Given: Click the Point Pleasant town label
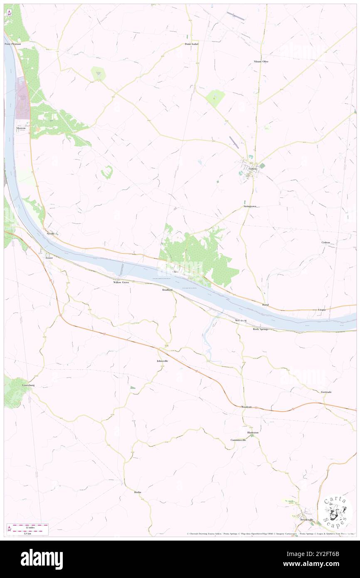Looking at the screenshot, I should point(12,43).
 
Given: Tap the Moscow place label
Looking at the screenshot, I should point(21,128).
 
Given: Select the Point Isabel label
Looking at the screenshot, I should point(192,44).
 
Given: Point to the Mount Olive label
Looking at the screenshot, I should point(261,62).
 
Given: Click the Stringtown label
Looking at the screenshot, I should point(251,206).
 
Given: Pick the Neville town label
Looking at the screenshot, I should point(51,234).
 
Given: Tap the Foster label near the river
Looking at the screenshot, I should point(49,258).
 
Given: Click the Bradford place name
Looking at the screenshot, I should point(167,289).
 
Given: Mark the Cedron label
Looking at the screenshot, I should point(325,242).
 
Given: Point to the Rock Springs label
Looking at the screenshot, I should point(261,329).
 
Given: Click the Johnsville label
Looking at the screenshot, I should point(162,361).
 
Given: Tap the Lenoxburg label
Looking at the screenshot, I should point(28,385).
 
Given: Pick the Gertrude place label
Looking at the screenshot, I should point(326,392).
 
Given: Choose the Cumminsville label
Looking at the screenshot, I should point(239,440).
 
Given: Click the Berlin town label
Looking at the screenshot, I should point(138,492).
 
